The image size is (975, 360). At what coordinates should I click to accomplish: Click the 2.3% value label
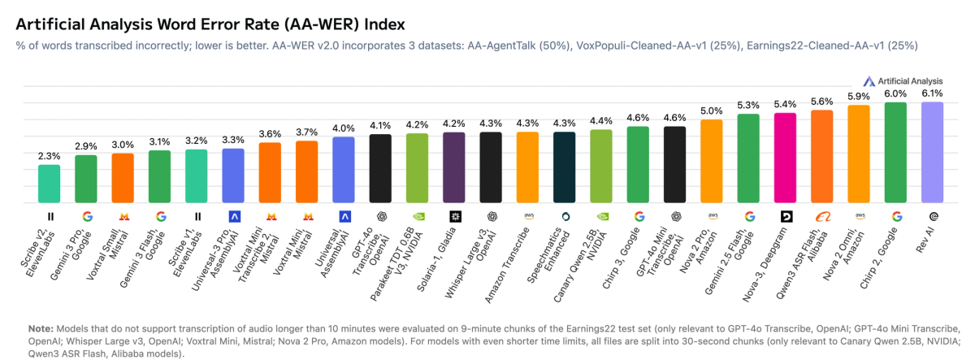(50, 156)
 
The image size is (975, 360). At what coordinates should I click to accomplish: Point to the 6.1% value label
(932, 93)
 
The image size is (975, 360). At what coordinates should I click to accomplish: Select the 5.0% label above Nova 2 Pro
(712, 111)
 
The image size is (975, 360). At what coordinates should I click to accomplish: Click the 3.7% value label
(307, 132)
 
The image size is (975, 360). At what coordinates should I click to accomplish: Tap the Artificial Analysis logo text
(909, 80)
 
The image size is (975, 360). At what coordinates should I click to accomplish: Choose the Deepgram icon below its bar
(785, 216)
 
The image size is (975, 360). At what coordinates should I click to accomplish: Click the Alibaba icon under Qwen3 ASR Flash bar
(821, 216)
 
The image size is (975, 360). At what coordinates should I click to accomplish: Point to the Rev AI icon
(932, 216)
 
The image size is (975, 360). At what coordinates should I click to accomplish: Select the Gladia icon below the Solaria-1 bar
(454, 216)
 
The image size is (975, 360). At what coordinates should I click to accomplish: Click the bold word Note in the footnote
(41, 327)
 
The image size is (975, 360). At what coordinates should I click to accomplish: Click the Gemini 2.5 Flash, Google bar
(748, 158)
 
